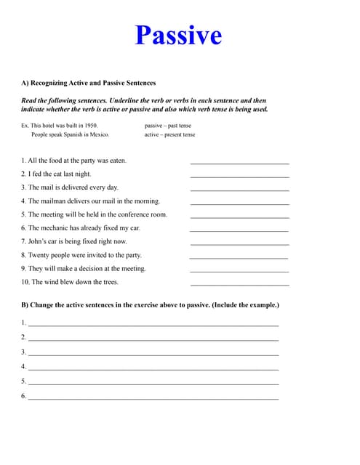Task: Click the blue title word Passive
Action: tap(178, 35)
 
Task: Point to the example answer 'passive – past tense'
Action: tap(168, 125)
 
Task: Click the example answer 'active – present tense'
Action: tap(170, 134)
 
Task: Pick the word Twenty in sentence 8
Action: tap(39, 255)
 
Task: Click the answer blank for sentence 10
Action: tap(239, 283)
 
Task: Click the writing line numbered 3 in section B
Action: tap(153, 354)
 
